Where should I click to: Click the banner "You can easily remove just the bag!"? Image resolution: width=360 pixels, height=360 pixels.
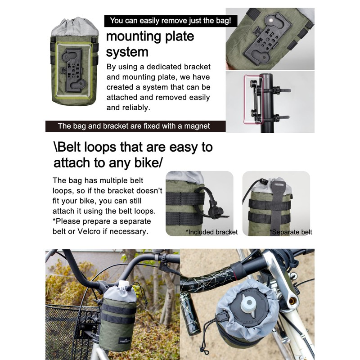[171, 21]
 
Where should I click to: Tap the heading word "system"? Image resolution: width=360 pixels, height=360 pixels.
[127, 52]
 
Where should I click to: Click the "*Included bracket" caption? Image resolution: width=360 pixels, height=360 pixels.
[211, 232]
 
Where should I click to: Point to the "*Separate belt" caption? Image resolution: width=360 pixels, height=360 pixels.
[291, 232]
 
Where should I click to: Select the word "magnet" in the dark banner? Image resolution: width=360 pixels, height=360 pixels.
[197, 126]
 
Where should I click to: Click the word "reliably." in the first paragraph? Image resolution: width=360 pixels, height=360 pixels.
[138, 108]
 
